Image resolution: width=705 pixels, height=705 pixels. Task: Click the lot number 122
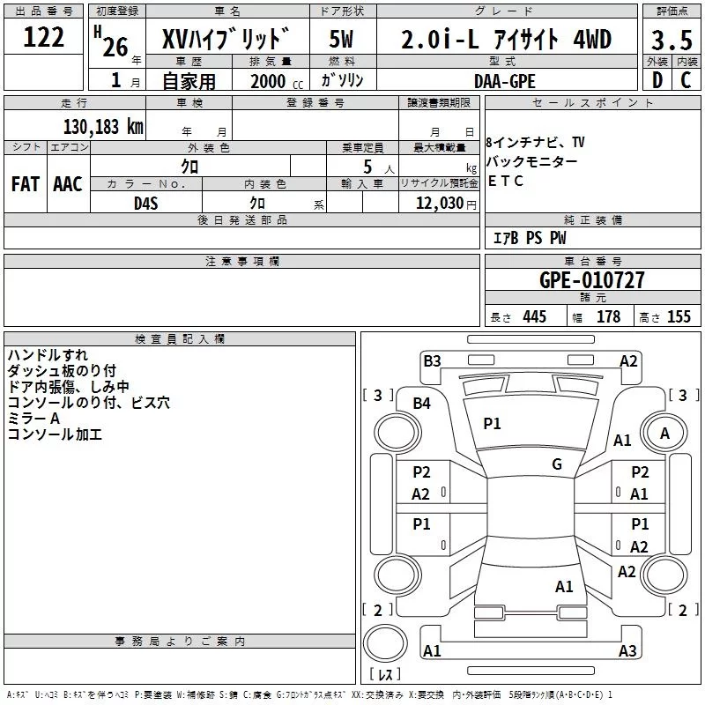click(43, 37)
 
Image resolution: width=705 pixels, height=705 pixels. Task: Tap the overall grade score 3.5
click(672, 40)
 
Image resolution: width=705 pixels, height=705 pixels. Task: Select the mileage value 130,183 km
click(103, 127)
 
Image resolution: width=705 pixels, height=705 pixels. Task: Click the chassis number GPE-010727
click(591, 280)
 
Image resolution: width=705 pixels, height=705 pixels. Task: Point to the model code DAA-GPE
click(504, 81)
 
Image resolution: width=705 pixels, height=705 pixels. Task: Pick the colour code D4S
click(146, 204)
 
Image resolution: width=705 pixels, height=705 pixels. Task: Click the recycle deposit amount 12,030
click(440, 204)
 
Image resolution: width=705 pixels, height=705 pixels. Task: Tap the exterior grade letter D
click(657, 80)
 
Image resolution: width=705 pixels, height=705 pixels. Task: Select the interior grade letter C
click(686, 80)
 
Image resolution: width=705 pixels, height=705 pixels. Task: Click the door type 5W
click(341, 39)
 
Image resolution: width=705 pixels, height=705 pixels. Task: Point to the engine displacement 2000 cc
click(277, 82)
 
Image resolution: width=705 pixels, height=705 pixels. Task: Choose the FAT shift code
click(26, 184)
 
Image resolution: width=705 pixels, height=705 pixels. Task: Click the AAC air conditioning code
click(68, 184)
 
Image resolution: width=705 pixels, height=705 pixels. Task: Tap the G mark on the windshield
click(557, 464)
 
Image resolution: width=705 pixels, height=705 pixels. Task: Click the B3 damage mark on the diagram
click(432, 361)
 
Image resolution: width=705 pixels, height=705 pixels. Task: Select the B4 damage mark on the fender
click(422, 404)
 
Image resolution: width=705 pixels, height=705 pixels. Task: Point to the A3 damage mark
click(627, 650)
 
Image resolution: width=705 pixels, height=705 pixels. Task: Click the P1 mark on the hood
click(492, 423)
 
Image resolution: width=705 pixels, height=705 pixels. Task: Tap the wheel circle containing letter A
click(664, 433)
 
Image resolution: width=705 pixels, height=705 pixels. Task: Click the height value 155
click(679, 316)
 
